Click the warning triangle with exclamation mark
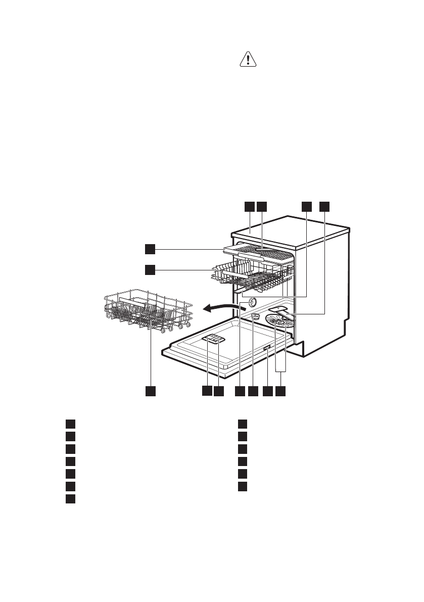pyautogui.click(x=248, y=60)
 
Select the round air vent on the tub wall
pyautogui.click(x=250, y=301)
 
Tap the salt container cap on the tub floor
pyautogui.click(x=256, y=315)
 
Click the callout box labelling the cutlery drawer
pyautogui.click(x=150, y=248)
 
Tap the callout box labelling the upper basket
pyautogui.click(x=150, y=269)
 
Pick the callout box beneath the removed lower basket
pyautogui.click(x=150, y=391)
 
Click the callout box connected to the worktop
pyautogui.click(x=249, y=206)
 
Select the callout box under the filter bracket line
pyautogui.click(x=280, y=391)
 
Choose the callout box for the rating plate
pyautogui.click(x=267, y=391)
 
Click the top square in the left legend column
pyautogui.click(x=71, y=423)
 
